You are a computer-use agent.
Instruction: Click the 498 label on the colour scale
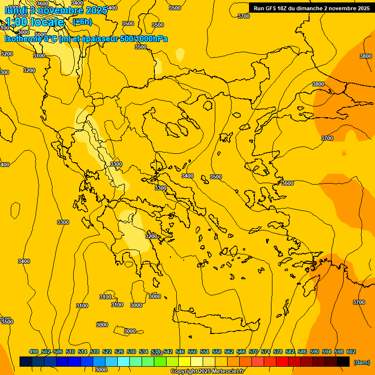(x=34, y=352)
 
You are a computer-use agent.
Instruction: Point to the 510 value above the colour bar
(x=70, y=352)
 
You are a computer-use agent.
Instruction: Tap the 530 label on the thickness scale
(x=131, y=352)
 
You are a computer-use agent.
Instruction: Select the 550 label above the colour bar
(x=192, y=352)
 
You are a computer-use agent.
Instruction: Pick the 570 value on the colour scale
(x=253, y=352)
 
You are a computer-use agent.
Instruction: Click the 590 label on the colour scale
(x=314, y=352)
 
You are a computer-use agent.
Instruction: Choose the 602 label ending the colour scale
(x=351, y=352)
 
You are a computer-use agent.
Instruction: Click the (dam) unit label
(x=361, y=362)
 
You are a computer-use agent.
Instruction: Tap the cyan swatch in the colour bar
(x=124, y=361)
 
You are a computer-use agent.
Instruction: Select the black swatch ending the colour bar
(x=343, y=361)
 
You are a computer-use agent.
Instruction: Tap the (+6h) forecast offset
(x=82, y=22)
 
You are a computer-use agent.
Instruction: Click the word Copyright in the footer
(x=184, y=372)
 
